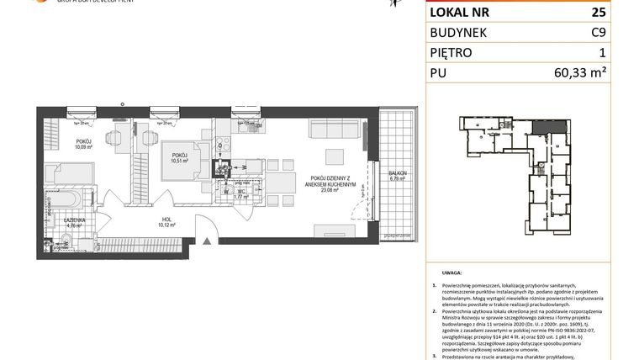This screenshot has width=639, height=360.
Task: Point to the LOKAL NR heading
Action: [461, 13]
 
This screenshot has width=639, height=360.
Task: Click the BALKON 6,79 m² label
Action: [396, 175]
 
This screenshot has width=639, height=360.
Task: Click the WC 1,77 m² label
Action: [240, 193]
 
